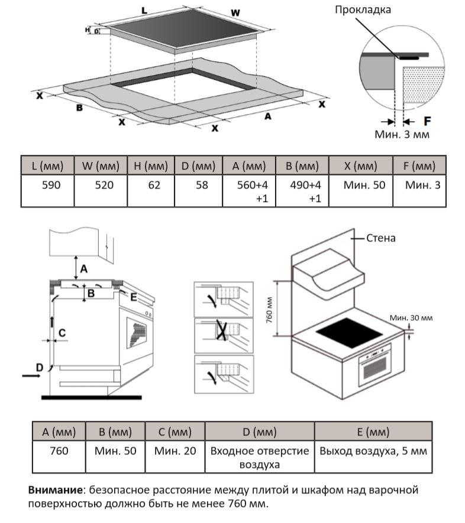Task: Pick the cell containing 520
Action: tap(101, 186)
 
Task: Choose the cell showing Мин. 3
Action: tap(422, 186)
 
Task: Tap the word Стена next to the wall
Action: tap(381, 238)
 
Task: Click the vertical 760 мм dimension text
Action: tap(284, 308)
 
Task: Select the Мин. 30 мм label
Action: tap(411, 318)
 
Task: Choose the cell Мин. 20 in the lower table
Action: tap(175, 451)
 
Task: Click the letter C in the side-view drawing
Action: tap(62, 333)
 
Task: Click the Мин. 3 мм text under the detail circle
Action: tap(402, 134)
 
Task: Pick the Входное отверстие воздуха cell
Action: tap(259, 457)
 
